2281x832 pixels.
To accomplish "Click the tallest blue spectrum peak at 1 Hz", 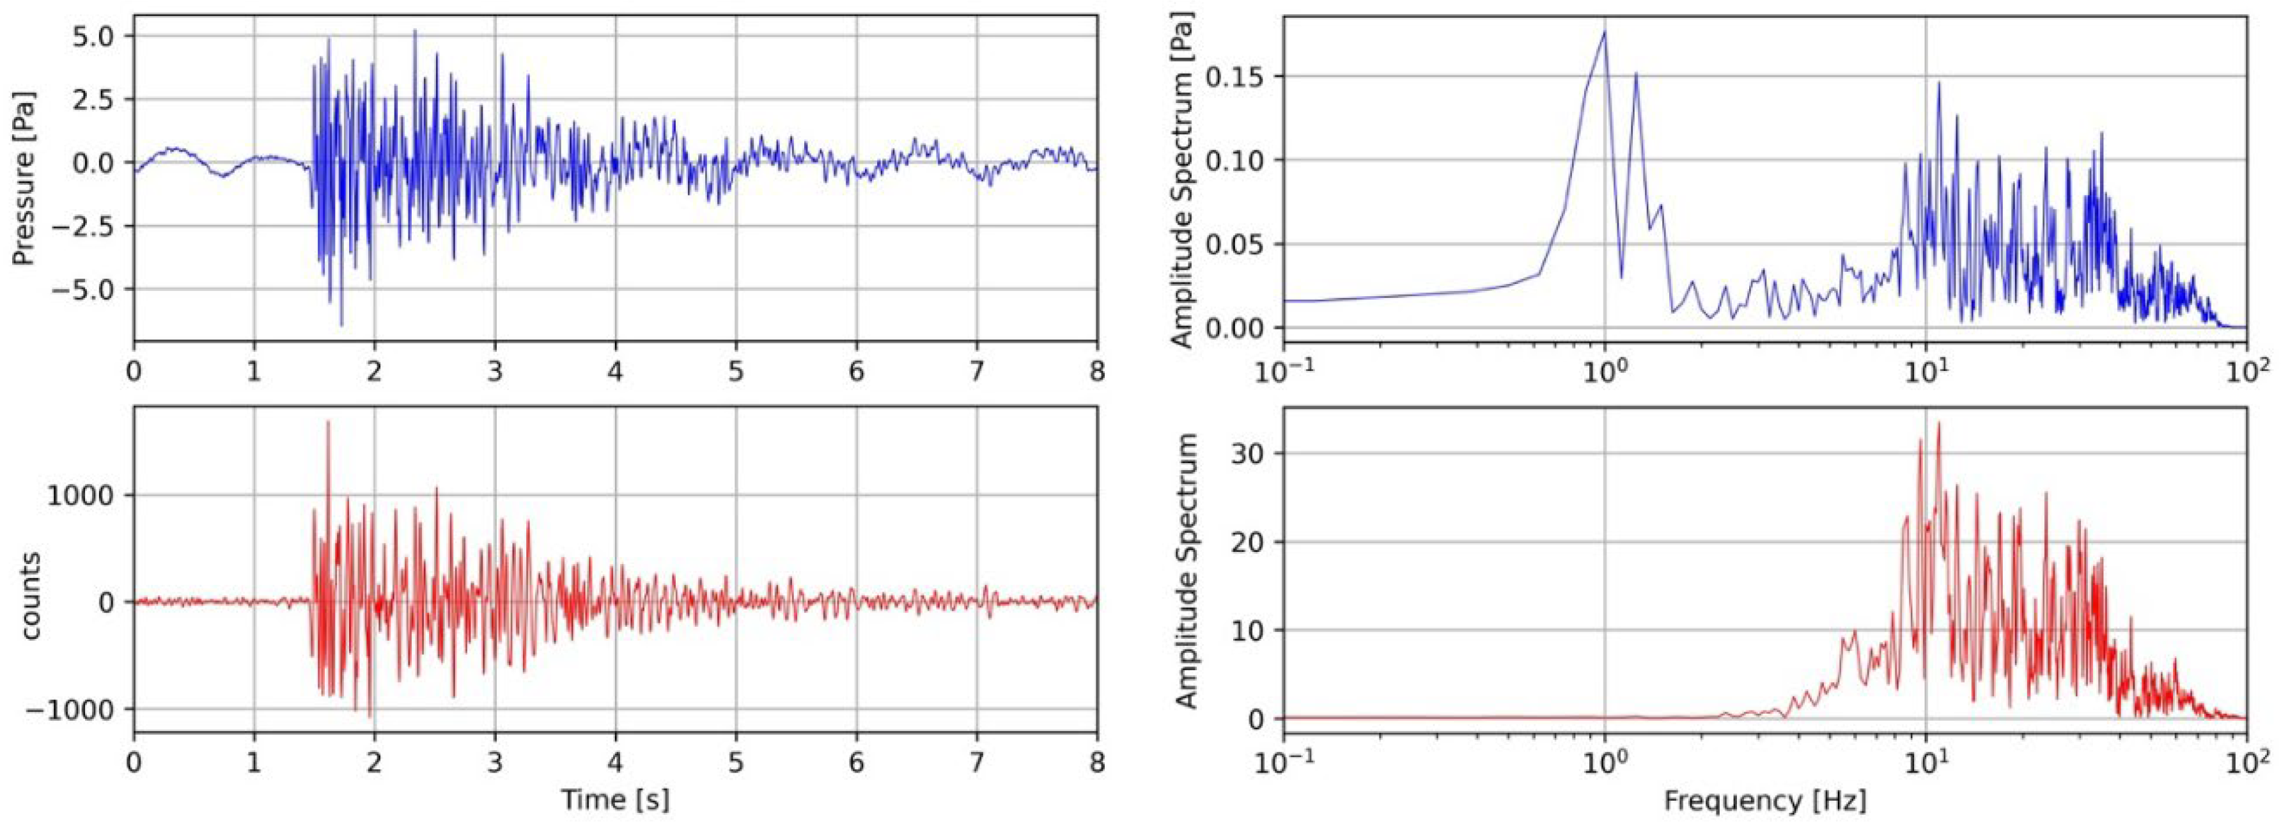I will coord(1605,32).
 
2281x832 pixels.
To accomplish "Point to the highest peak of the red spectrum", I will coord(1938,423).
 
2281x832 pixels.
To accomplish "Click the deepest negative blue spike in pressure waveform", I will coord(342,325).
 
